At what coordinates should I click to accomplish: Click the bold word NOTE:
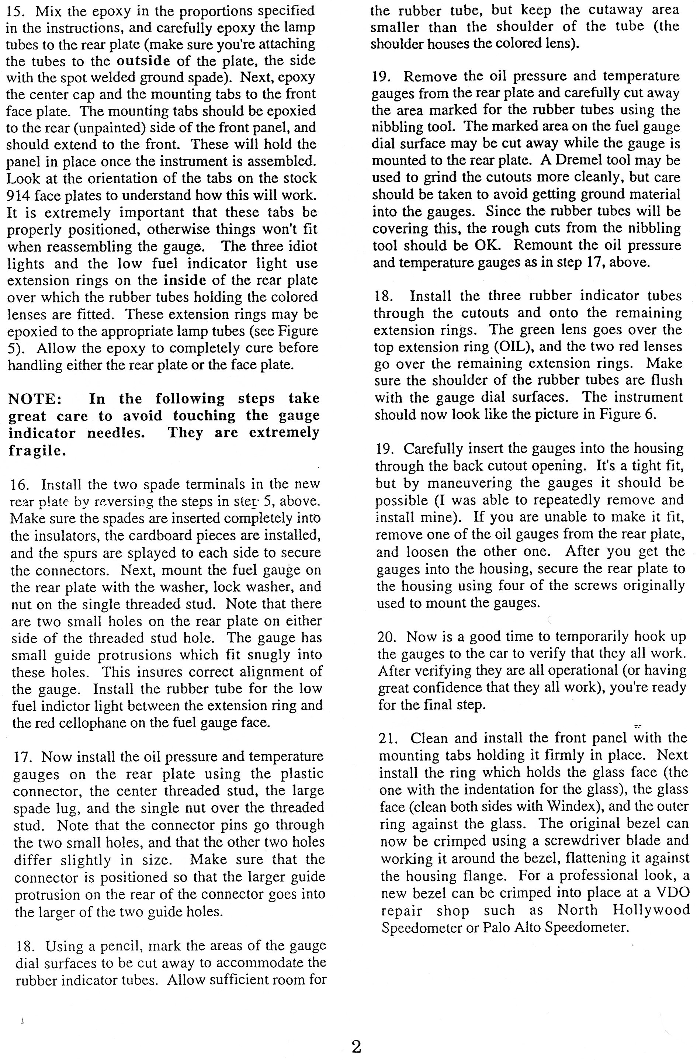(35, 399)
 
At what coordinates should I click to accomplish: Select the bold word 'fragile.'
(37, 451)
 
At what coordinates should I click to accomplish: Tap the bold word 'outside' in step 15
(143, 60)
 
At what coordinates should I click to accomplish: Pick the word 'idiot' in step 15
(298, 246)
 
